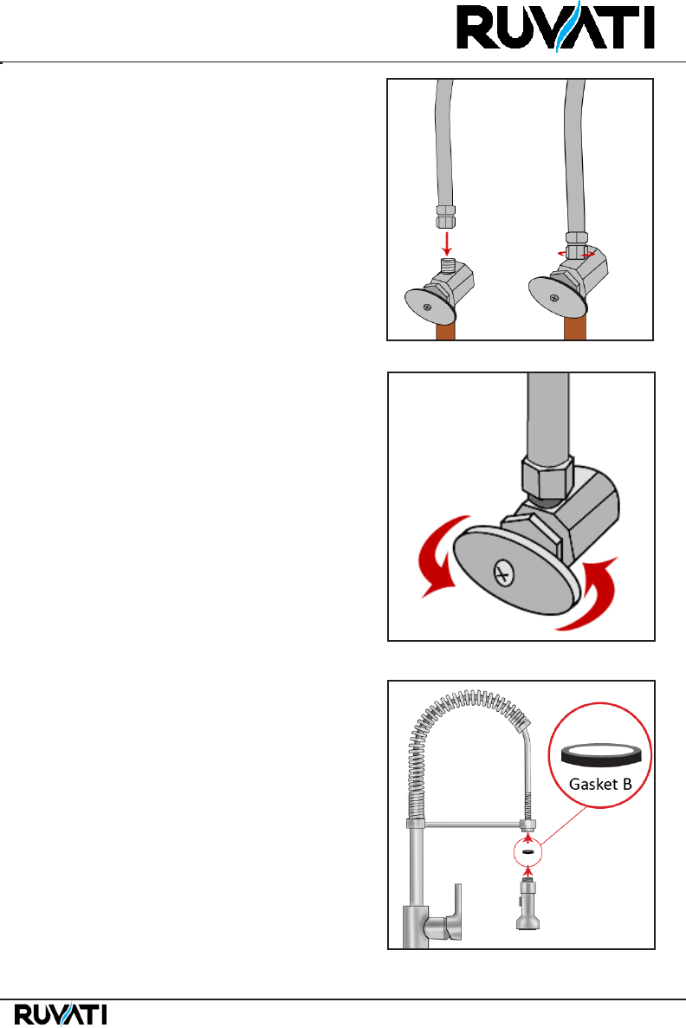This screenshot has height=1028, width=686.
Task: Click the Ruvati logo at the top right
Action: click(x=555, y=27)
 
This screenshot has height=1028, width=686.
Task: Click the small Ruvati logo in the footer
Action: click(x=61, y=1013)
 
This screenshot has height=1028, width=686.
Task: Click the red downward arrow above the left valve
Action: click(x=447, y=242)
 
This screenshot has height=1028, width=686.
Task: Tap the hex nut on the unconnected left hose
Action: click(x=445, y=217)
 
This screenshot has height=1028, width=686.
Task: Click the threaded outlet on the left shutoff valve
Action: click(x=447, y=266)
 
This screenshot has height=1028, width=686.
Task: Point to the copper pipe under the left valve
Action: click(x=446, y=330)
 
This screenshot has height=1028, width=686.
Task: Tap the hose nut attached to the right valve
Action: click(x=577, y=244)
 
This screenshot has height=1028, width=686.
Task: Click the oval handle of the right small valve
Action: click(x=556, y=297)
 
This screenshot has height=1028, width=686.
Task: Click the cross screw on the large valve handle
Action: click(x=504, y=574)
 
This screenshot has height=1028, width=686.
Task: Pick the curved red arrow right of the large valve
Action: click(x=590, y=594)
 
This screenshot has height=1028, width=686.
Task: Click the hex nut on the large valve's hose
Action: click(x=547, y=477)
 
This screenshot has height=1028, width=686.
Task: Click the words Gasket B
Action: click(x=600, y=784)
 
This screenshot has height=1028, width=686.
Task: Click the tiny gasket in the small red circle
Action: click(x=527, y=851)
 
